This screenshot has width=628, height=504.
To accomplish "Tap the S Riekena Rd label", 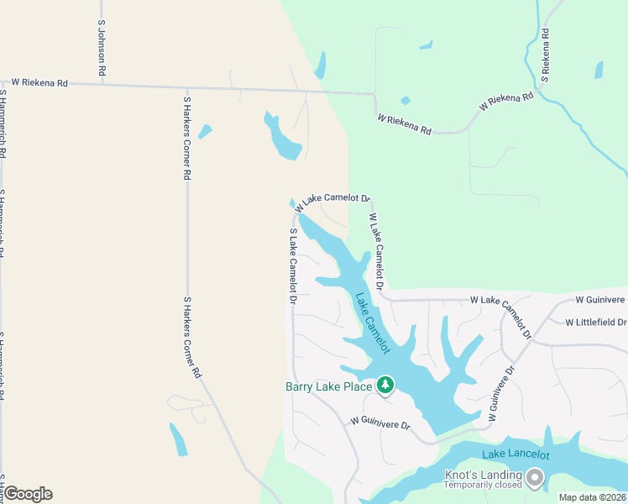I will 546,55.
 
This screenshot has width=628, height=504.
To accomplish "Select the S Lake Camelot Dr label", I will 293,266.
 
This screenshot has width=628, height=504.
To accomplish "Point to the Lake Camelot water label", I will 373,323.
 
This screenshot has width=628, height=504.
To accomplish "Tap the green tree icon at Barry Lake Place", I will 385,385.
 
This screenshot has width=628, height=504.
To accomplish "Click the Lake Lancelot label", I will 515,454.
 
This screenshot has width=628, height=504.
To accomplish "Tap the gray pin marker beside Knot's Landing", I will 536,478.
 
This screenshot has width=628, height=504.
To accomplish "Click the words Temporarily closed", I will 483,486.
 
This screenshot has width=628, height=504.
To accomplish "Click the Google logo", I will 28,494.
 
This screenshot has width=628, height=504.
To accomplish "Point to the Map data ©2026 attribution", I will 592,497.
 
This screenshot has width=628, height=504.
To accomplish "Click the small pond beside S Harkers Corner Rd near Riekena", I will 204,131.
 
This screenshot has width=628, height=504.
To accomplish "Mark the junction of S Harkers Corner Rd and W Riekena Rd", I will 186,87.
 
